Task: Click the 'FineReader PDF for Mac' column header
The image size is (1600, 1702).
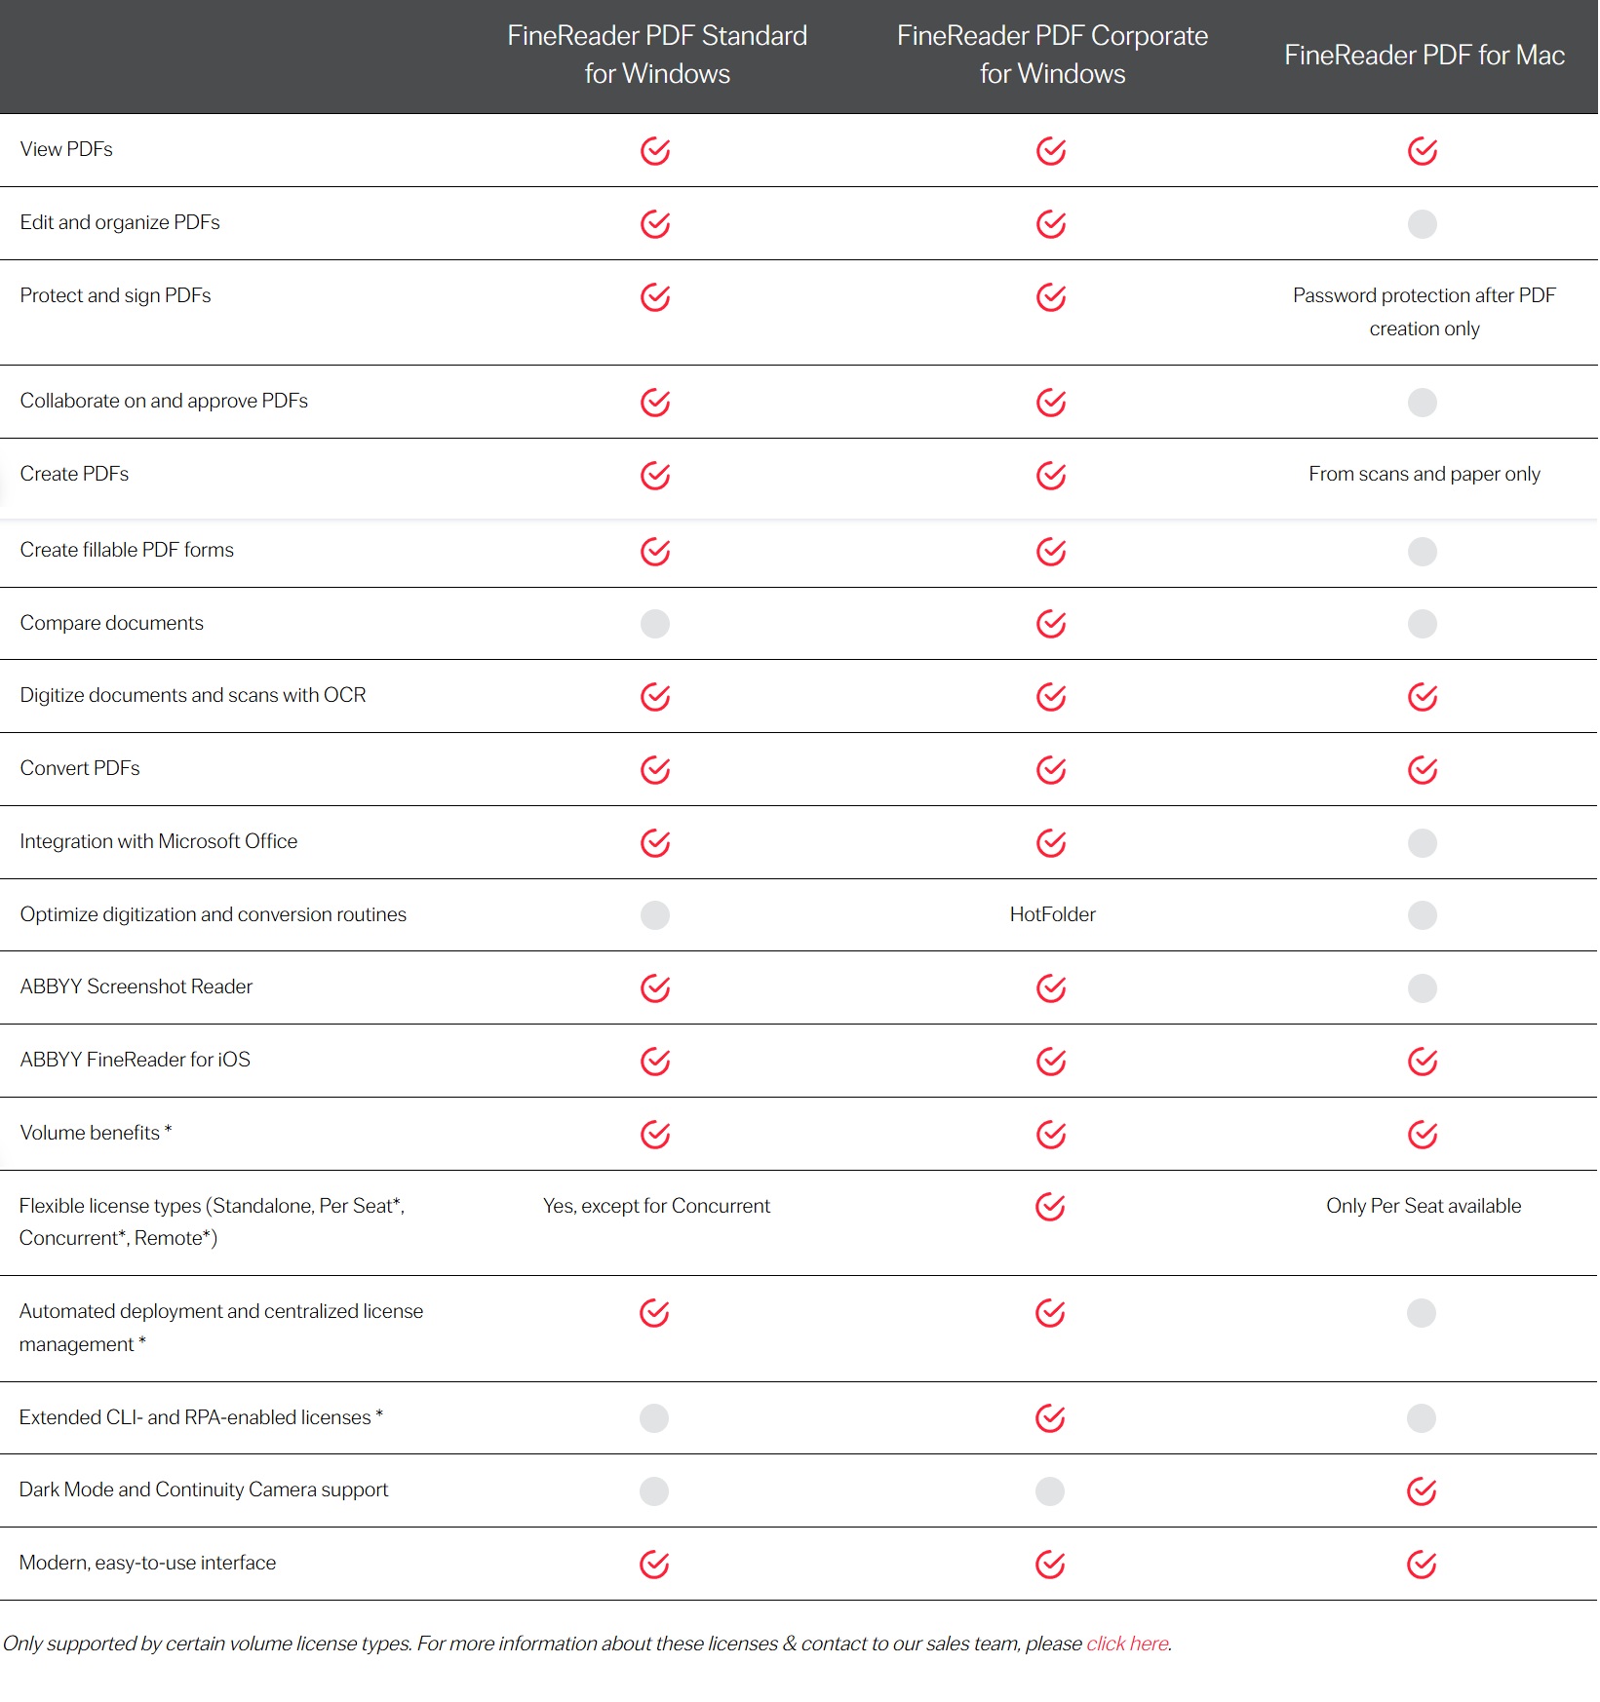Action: (1424, 56)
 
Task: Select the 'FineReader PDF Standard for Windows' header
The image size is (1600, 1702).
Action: (657, 55)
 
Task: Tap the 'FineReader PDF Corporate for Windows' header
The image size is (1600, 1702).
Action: (1052, 55)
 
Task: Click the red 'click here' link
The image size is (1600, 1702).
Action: (1127, 1644)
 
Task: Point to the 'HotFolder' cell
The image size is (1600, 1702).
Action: (1052, 914)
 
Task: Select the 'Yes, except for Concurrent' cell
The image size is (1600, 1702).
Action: (656, 1206)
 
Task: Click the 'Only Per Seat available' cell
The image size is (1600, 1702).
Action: (1423, 1206)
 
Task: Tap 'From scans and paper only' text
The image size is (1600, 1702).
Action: (1424, 474)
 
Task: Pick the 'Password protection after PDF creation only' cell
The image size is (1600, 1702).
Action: (1424, 312)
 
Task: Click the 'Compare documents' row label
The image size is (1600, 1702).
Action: (112, 623)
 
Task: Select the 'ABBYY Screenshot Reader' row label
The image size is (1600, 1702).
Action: (137, 986)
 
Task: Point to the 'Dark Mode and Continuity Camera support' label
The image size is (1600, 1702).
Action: (204, 1489)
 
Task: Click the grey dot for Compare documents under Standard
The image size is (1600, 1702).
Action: (655, 624)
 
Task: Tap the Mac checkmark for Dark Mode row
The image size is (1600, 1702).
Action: (1422, 1491)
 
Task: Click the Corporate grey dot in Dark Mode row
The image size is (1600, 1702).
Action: (1050, 1491)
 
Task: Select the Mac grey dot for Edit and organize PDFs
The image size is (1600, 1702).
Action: (1423, 224)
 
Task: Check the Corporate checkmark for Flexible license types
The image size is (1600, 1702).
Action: (1050, 1207)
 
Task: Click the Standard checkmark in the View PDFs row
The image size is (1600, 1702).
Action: (655, 151)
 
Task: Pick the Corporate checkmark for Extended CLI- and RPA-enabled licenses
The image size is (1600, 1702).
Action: (1050, 1418)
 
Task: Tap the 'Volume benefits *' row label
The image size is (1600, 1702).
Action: (96, 1133)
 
